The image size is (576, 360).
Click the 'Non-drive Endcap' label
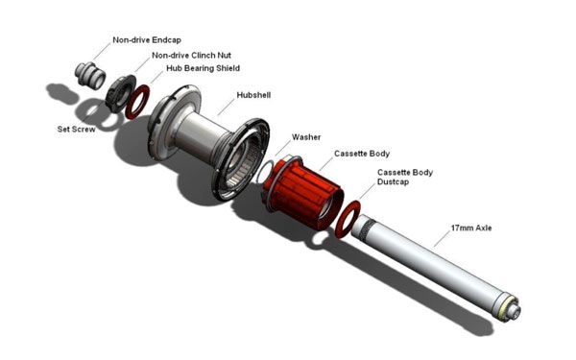pyautogui.click(x=147, y=40)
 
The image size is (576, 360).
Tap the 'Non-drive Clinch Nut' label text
pyautogui.click(x=191, y=56)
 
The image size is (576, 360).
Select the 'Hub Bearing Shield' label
pyautogui.click(x=204, y=68)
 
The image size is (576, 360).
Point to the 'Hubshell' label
pyautogui.click(x=253, y=95)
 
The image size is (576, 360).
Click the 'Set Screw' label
pyautogui.click(x=77, y=130)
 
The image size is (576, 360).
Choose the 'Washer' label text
pyautogui.click(x=306, y=137)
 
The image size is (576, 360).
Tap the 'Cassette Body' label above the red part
pyautogui.click(x=362, y=154)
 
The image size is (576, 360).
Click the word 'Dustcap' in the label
pyautogui.click(x=393, y=181)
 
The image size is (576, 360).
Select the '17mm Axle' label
pyautogui.click(x=471, y=228)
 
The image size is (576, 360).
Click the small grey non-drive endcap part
pyautogui.click(x=90, y=75)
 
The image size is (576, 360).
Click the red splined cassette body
pyautogui.click(x=303, y=193)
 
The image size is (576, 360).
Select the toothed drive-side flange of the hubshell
pyautogui.click(x=241, y=159)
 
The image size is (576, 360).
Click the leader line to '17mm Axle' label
pyautogui.click(x=443, y=239)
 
